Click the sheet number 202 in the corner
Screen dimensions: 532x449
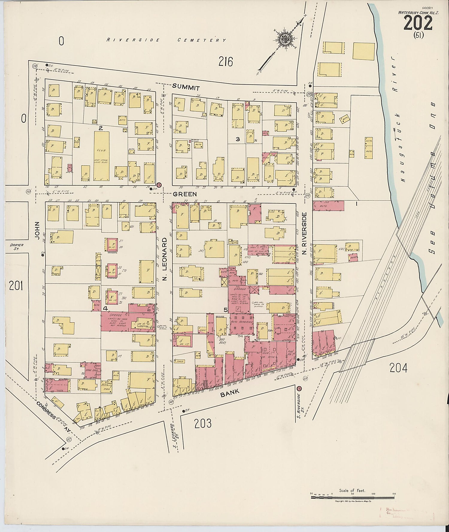[x=418, y=23]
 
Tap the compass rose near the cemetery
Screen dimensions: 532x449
[x=283, y=39]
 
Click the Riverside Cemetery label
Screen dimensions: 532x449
[x=166, y=40]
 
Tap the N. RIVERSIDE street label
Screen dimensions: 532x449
[x=304, y=233]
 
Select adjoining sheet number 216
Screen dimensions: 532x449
[x=225, y=62]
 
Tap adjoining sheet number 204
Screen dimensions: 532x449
[x=398, y=368]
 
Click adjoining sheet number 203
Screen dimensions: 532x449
[x=203, y=423]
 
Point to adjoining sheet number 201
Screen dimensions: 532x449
[x=16, y=286]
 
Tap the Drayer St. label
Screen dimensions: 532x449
[x=14, y=246]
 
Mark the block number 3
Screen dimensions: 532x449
[x=238, y=139]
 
